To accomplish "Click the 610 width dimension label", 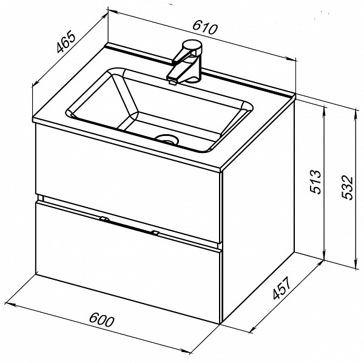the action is point(205,28).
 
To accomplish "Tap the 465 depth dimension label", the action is point(66,43).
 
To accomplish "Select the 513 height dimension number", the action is point(316,181).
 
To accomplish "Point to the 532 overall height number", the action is point(348,188).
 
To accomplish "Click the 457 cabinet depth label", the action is point(281,288).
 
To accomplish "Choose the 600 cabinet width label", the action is point(102,319).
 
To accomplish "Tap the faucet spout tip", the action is point(172,82).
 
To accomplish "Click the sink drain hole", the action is point(167,140).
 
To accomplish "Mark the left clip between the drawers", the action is point(104,219).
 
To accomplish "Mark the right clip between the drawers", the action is point(155,232).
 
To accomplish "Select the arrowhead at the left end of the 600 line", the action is point(10,304).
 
